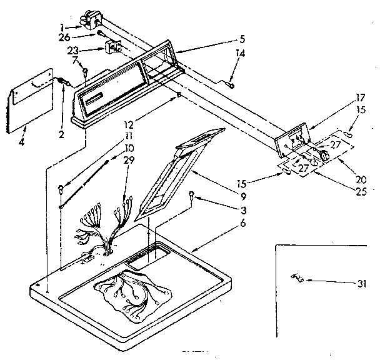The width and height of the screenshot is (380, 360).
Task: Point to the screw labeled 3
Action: click(x=192, y=194)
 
